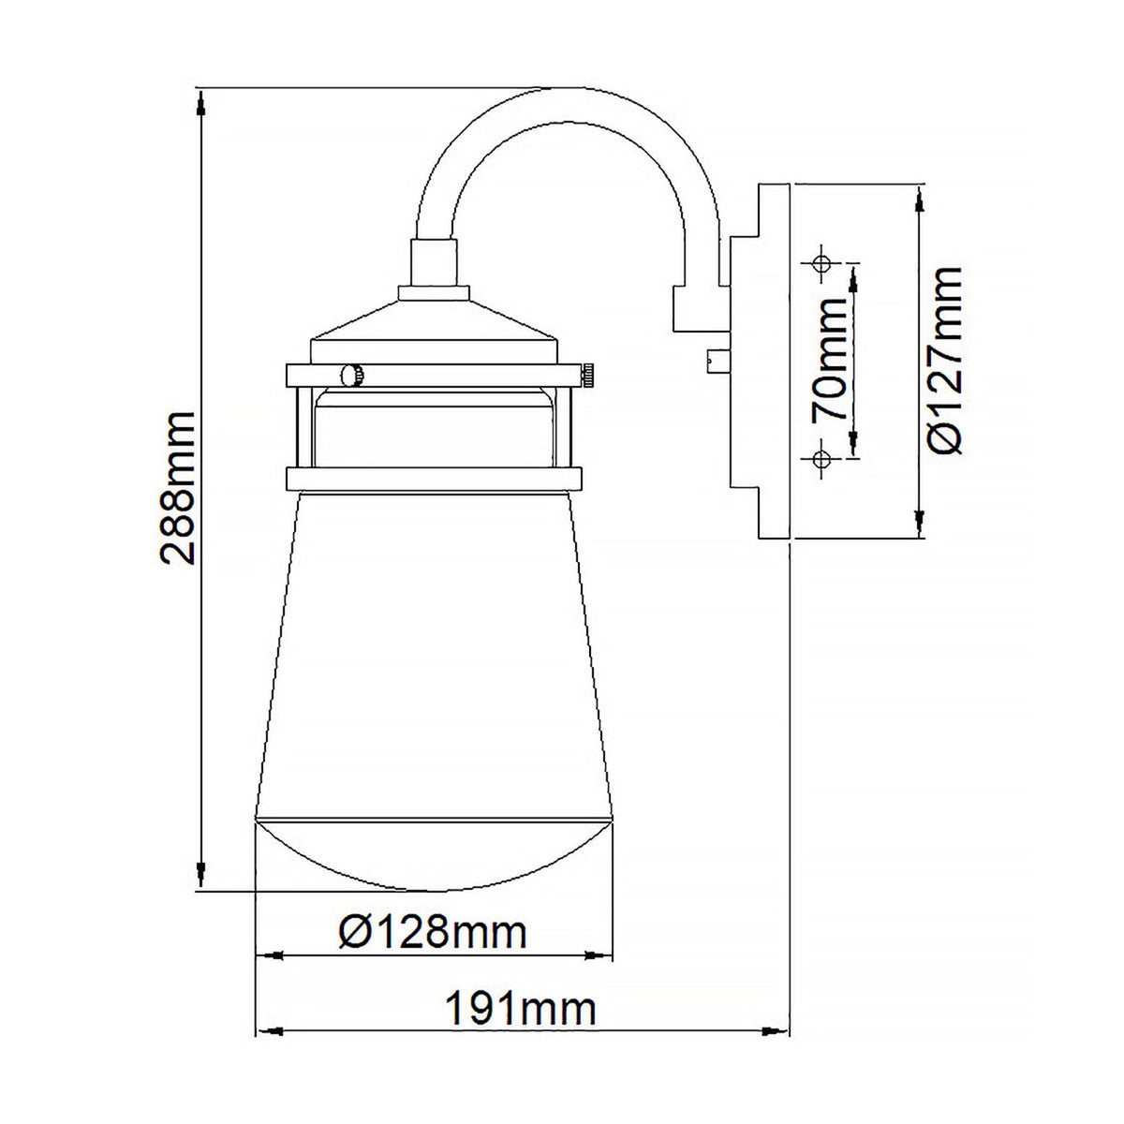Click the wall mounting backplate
[763, 361]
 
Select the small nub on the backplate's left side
[717, 360]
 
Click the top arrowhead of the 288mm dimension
[200, 101]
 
